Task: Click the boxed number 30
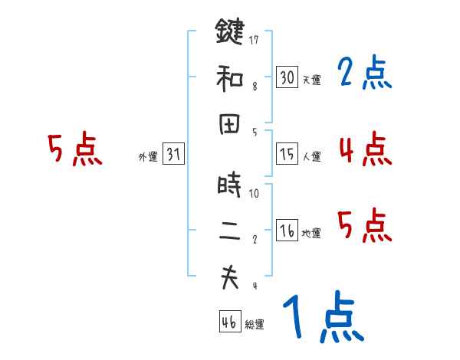pyautogui.click(x=287, y=77)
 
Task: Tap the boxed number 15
pyautogui.click(x=287, y=154)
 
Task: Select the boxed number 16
pyautogui.click(x=287, y=231)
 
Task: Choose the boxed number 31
pyautogui.click(x=173, y=154)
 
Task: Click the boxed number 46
pyautogui.click(x=228, y=322)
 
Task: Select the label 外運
pyautogui.click(x=148, y=157)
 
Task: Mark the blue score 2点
pyautogui.click(x=365, y=74)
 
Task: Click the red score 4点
pyautogui.click(x=365, y=148)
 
